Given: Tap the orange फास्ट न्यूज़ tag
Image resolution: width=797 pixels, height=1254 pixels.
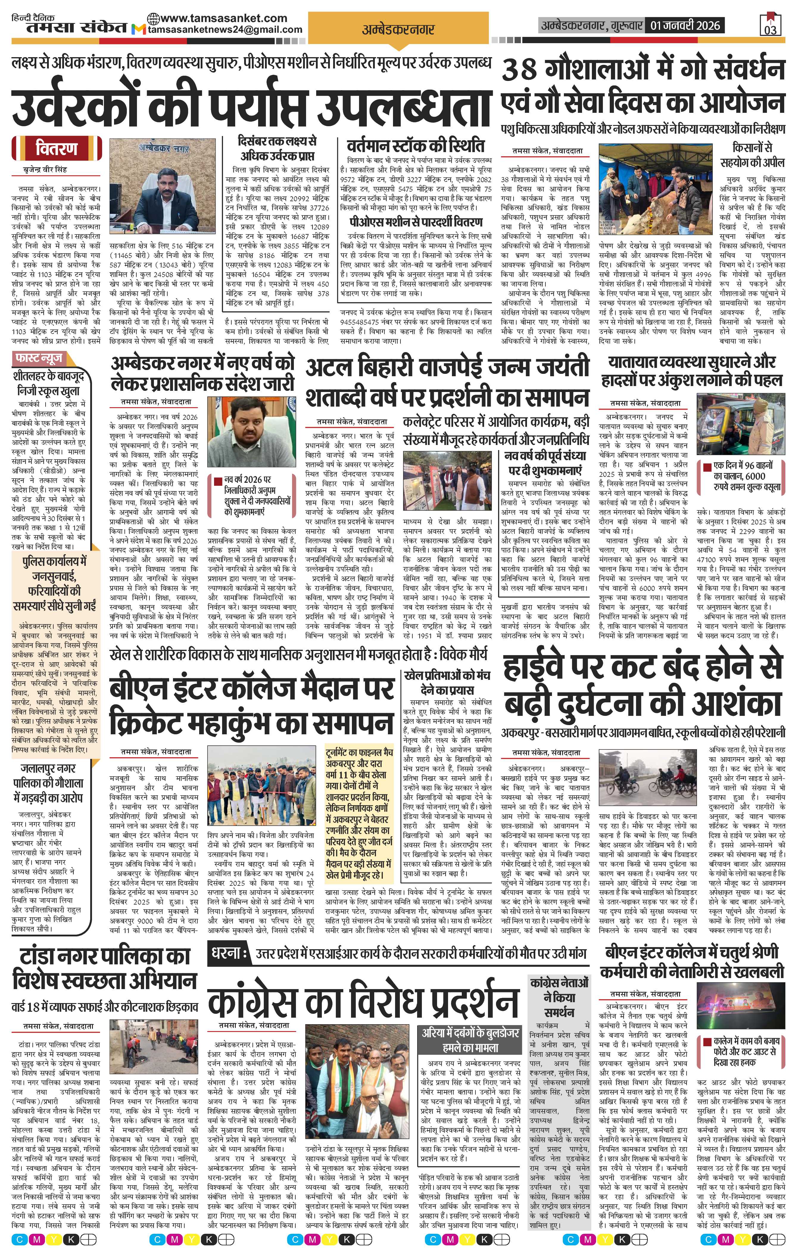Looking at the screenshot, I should [x=40, y=358].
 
